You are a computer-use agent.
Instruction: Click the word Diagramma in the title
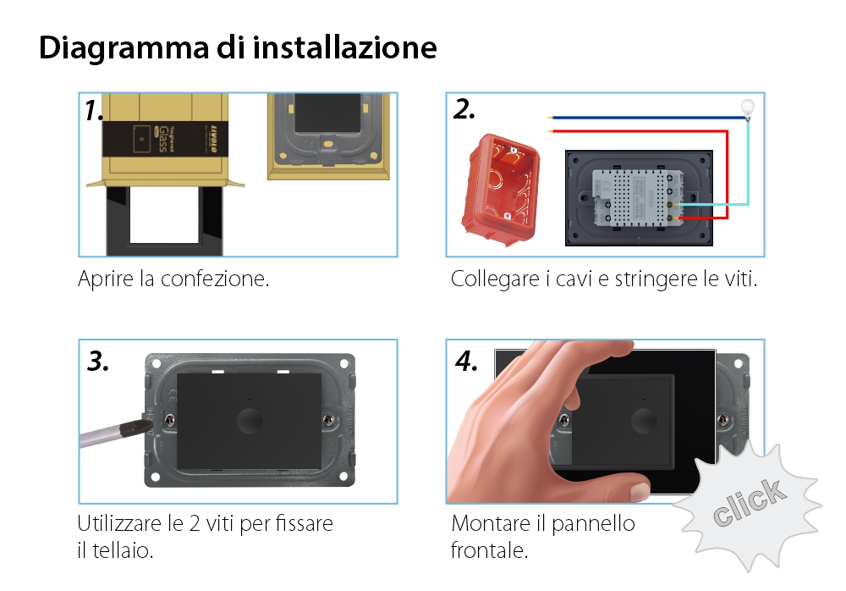119,47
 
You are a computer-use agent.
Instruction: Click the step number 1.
94,112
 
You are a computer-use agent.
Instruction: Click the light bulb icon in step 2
747,108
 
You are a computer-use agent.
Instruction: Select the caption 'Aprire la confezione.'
173,279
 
